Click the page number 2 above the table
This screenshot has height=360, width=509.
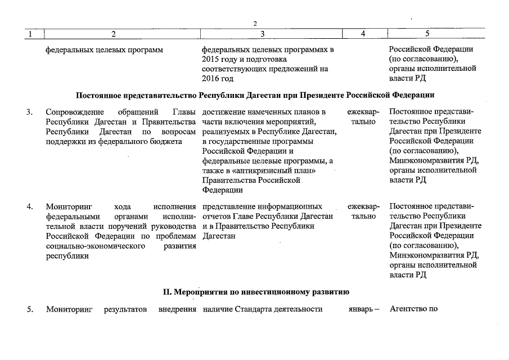tap(255, 24)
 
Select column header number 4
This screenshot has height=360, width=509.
tap(363, 34)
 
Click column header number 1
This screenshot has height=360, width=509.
tap(30, 34)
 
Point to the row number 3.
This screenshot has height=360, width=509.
tap(29, 111)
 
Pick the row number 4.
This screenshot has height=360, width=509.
tap(29, 206)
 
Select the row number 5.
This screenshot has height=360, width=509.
tap(29, 308)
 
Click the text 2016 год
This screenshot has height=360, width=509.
tap(217, 79)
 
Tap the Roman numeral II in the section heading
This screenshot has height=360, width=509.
tap(166, 292)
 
